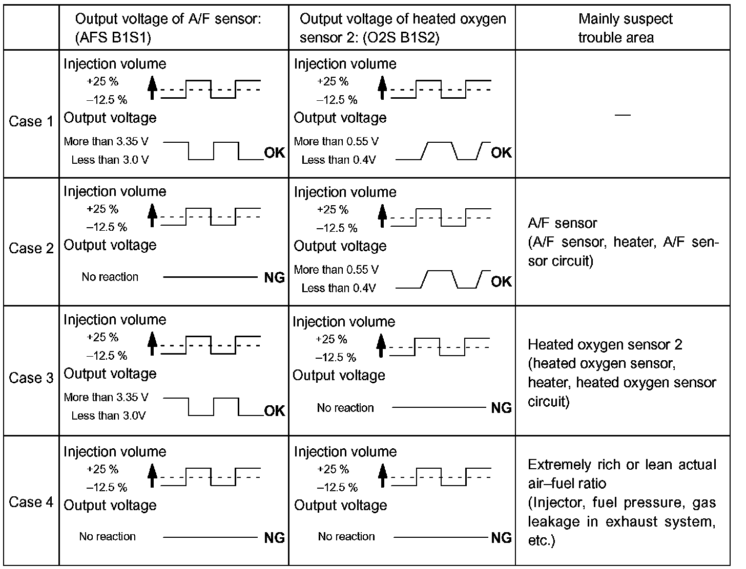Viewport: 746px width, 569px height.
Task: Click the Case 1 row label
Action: pyautogui.click(x=31, y=122)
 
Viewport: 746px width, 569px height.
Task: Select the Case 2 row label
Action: pyautogui.click(x=31, y=249)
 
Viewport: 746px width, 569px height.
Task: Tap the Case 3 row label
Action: pyautogui.click(x=31, y=378)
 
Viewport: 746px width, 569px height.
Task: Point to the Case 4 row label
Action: pyautogui.click(x=31, y=502)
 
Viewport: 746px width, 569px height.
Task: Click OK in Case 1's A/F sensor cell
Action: pyautogui.click(x=275, y=153)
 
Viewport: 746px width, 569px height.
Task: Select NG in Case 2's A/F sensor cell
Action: pyautogui.click(x=275, y=278)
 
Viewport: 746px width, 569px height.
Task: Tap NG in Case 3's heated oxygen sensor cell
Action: pyautogui.click(x=501, y=408)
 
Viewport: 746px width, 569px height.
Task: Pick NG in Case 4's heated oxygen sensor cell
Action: pyautogui.click(x=501, y=538)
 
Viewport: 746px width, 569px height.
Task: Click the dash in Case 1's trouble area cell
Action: pyautogui.click(x=623, y=115)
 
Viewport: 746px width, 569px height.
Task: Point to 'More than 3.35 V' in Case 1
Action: pyautogui.click(x=106, y=142)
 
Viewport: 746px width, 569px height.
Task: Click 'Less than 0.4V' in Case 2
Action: pyautogui.click(x=338, y=289)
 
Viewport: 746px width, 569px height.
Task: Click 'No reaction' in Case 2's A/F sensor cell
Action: pyautogui.click(x=110, y=277)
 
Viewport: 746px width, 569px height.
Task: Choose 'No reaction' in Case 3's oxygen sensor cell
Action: pyautogui.click(x=345, y=408)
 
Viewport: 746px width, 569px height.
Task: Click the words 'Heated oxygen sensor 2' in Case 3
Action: pyautogui.click(x=605, y=345)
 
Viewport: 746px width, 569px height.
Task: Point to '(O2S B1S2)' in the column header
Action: pyautogui.click(x=369, y=38)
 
